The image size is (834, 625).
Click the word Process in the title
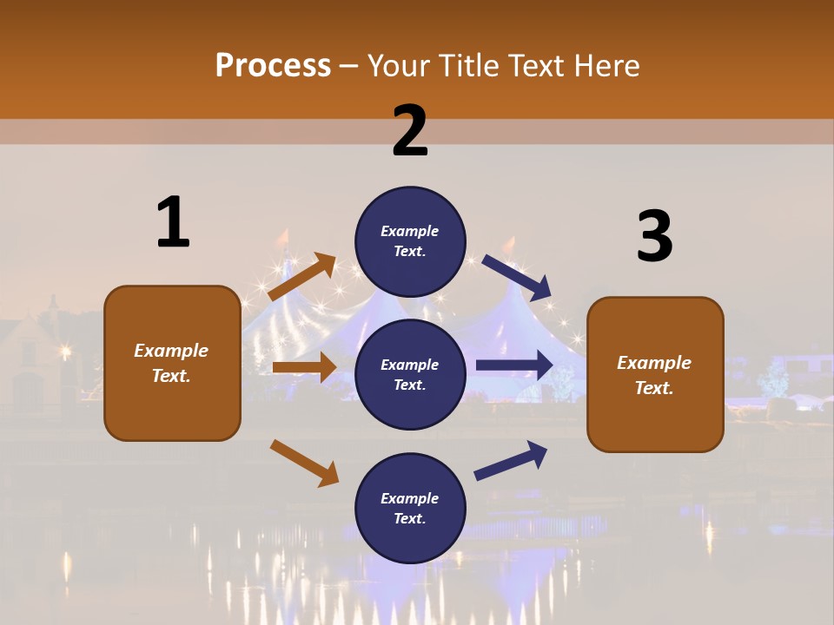click(273, 66)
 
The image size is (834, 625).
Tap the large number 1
click(173, 222)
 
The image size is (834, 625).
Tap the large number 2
click(410, 131)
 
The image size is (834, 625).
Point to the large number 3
click(654, 236)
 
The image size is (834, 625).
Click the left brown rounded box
click(172, 363)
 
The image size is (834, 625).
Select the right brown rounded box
click(655, 374)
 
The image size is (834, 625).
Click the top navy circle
click(410, 241)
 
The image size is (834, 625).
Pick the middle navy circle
click(410, 374)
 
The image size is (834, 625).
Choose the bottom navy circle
click(410, 508)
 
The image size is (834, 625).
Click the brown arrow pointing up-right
click(302, 277)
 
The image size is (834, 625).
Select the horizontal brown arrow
click(304, 367)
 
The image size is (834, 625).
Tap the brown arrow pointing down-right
click(305, 463)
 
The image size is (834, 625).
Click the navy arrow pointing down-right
click(517, 277)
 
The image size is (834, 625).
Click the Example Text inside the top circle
click(410, 241)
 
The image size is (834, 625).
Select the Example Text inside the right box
click(654, 375)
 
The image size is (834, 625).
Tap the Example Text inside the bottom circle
click(410, 509)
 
